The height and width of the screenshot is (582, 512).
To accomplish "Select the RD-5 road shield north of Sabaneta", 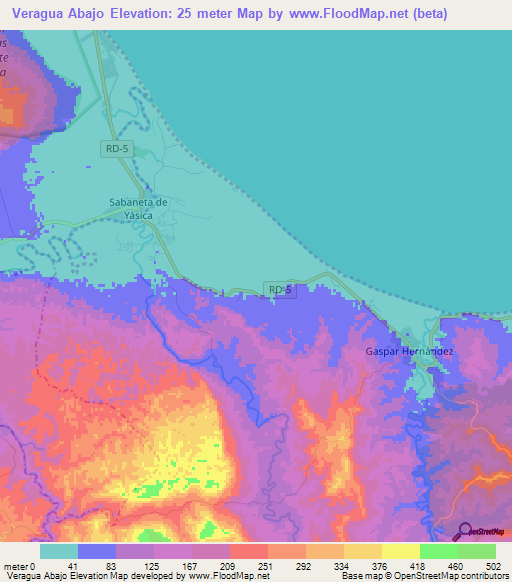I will (x=115, y=149).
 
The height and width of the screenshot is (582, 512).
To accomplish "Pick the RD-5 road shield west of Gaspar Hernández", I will (x=281, y=290).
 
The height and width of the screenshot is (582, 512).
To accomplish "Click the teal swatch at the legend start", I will (x=59, y=551).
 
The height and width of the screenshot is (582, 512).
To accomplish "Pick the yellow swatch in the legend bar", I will (x=400, y=551).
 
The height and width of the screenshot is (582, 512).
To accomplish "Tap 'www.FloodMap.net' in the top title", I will (x=327, y=14).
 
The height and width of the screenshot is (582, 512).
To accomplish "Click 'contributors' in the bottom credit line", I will (x=481, y=576).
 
